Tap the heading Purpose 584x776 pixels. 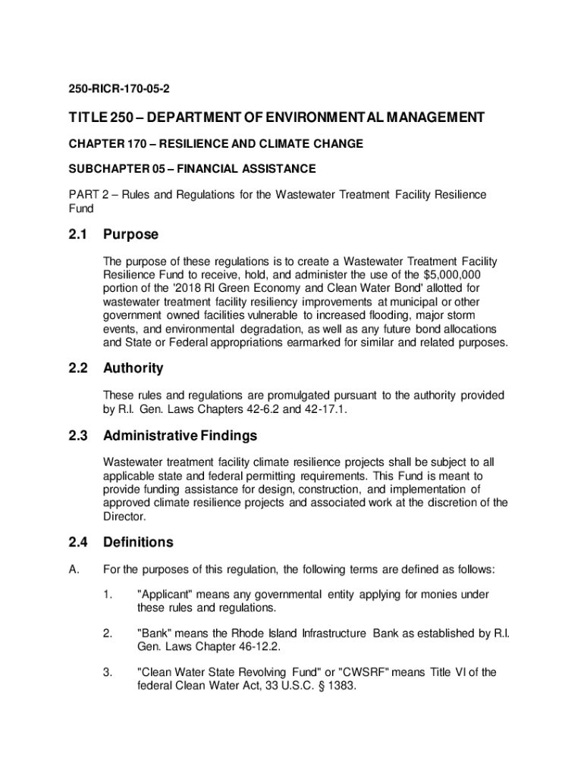point(131,235)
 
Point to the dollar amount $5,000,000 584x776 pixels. point(453,274)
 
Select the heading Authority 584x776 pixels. point(133,368)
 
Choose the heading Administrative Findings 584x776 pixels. point(180,436)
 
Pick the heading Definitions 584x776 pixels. point(138,543)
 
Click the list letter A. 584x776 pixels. point(74,569)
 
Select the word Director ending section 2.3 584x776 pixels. point(124,516)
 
